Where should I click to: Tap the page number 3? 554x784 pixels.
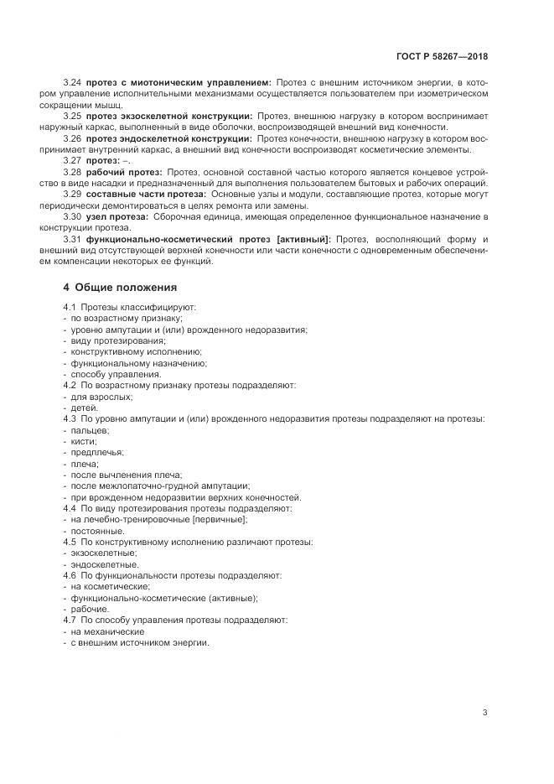pyautogui.click(x=484, y=713)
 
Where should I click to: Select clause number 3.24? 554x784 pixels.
pyautogui.click(x=72, y=82)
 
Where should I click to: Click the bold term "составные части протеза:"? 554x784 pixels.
pyautogui.click(x=137, y=195)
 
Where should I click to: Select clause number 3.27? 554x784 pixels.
pyautogui.click(x=72, y=161)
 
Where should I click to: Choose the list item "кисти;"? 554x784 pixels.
pyautogui.click(x=84, y=441)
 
